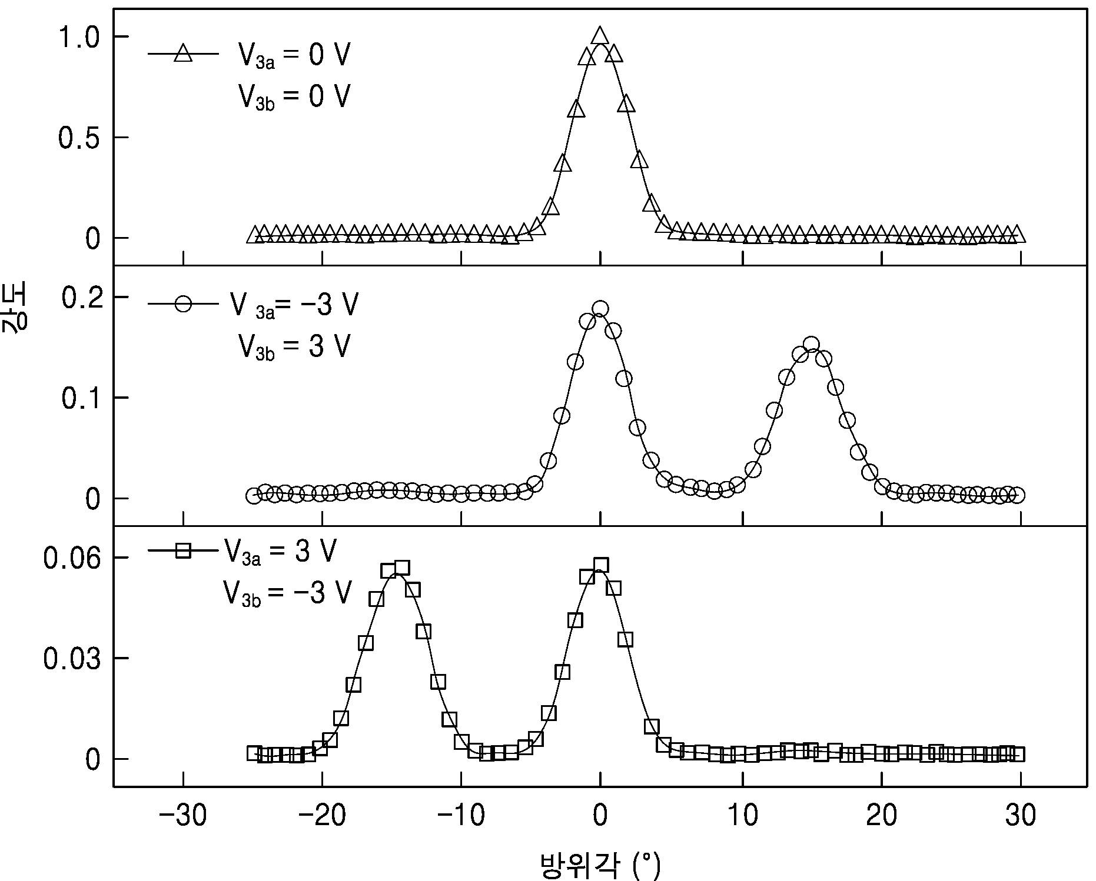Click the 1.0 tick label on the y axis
(x=81, y=38)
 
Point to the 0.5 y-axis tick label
(x=81, y=138)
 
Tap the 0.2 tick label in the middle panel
(x=81, y=298)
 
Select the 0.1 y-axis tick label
(x=81, y=399)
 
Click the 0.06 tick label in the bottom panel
(x=73, y=558)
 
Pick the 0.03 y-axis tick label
(x=73, y=659)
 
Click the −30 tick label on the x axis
(x=182, y=816)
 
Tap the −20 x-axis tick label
(x=321, y=816)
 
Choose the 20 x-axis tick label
(x=882, y=816)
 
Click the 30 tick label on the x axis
(x=1021, y=816)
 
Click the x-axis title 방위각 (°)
(x=600, y=865)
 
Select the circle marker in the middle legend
(x=183, y=304)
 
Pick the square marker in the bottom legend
(x=183, y=550)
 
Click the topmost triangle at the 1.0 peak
(x=600, y=35)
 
